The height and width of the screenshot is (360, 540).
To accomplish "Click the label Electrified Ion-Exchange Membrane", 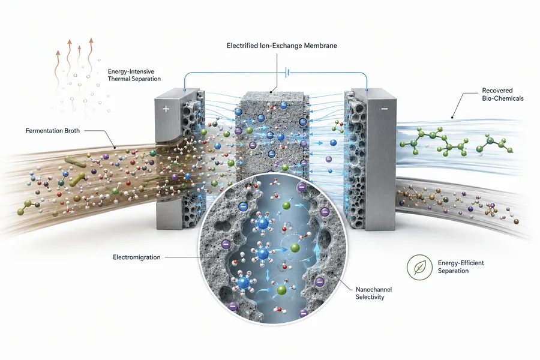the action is (282, 46).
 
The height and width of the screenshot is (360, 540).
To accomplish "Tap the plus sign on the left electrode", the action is (166, 109).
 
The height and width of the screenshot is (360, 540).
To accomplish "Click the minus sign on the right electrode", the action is (385, 109).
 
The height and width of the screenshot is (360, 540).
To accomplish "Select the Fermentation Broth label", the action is (53, 131).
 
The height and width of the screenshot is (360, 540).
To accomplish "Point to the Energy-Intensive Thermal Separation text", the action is (134, 75).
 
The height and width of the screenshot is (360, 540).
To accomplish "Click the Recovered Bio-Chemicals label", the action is (502, 94).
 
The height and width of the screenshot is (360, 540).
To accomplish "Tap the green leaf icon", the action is (419, 267).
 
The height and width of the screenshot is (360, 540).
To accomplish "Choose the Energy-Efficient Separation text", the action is (461, 266).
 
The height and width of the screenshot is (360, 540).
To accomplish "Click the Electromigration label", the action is (137, 257).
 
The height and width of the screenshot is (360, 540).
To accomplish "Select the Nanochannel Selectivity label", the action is (374, 293).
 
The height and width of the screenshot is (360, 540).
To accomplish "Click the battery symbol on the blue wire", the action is (287, 73).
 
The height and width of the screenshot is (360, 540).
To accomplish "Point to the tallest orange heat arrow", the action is (91, 57).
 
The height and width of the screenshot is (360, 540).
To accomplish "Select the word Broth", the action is (71, 131).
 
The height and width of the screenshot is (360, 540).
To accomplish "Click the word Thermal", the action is (118, 79).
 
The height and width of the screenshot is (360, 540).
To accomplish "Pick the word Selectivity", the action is (370, 297).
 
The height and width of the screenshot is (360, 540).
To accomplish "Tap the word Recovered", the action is (497, 91).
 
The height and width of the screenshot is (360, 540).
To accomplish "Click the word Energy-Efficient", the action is (461, 263).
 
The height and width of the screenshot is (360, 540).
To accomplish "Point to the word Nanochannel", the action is (374, 289).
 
